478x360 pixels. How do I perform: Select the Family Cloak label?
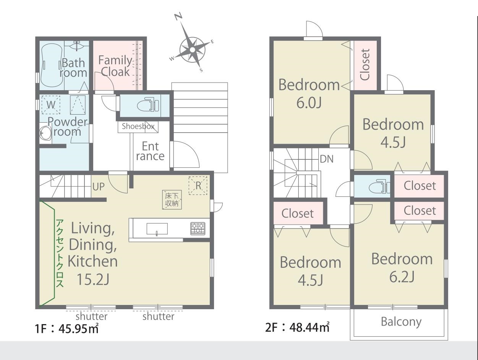[115, 66]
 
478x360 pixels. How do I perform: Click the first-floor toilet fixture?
[148, 105]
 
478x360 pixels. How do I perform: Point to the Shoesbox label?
[138, 126]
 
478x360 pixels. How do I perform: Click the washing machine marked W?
[51, 105]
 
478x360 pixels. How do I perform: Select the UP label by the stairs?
[99, 186]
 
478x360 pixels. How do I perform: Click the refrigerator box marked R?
[198, 185]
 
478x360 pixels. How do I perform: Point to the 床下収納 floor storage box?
[172, 200]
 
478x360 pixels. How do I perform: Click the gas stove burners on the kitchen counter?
[198, 229]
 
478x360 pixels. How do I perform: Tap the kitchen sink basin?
[157, 229]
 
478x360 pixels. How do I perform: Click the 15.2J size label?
[93, 279]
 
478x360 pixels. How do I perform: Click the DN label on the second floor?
[327, 159]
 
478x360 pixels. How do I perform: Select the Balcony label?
[401, 322]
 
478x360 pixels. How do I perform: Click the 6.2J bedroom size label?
[402, 277]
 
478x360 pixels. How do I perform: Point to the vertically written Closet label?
[365, 65]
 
